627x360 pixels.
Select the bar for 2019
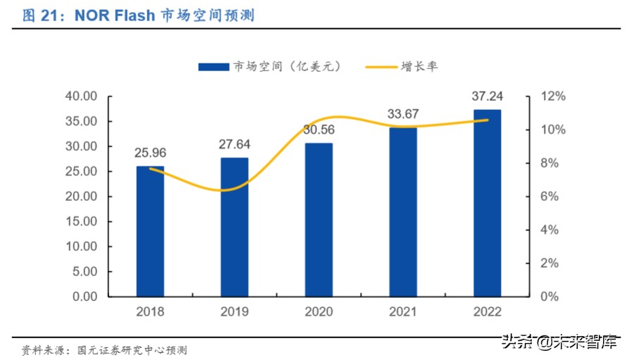coord(234,227)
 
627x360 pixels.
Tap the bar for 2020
coord(318,220)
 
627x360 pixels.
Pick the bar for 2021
coord(402,212)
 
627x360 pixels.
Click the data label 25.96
coord(150,152)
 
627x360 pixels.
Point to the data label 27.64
coord(234,144)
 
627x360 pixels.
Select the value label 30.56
coord(318,130)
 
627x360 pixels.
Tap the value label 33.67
coord(402,114)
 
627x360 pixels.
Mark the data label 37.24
coord(487,97)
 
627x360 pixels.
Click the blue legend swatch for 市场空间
coord(214,66)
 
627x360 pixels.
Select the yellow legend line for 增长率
coord(380,66)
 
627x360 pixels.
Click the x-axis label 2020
coord(318,311)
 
